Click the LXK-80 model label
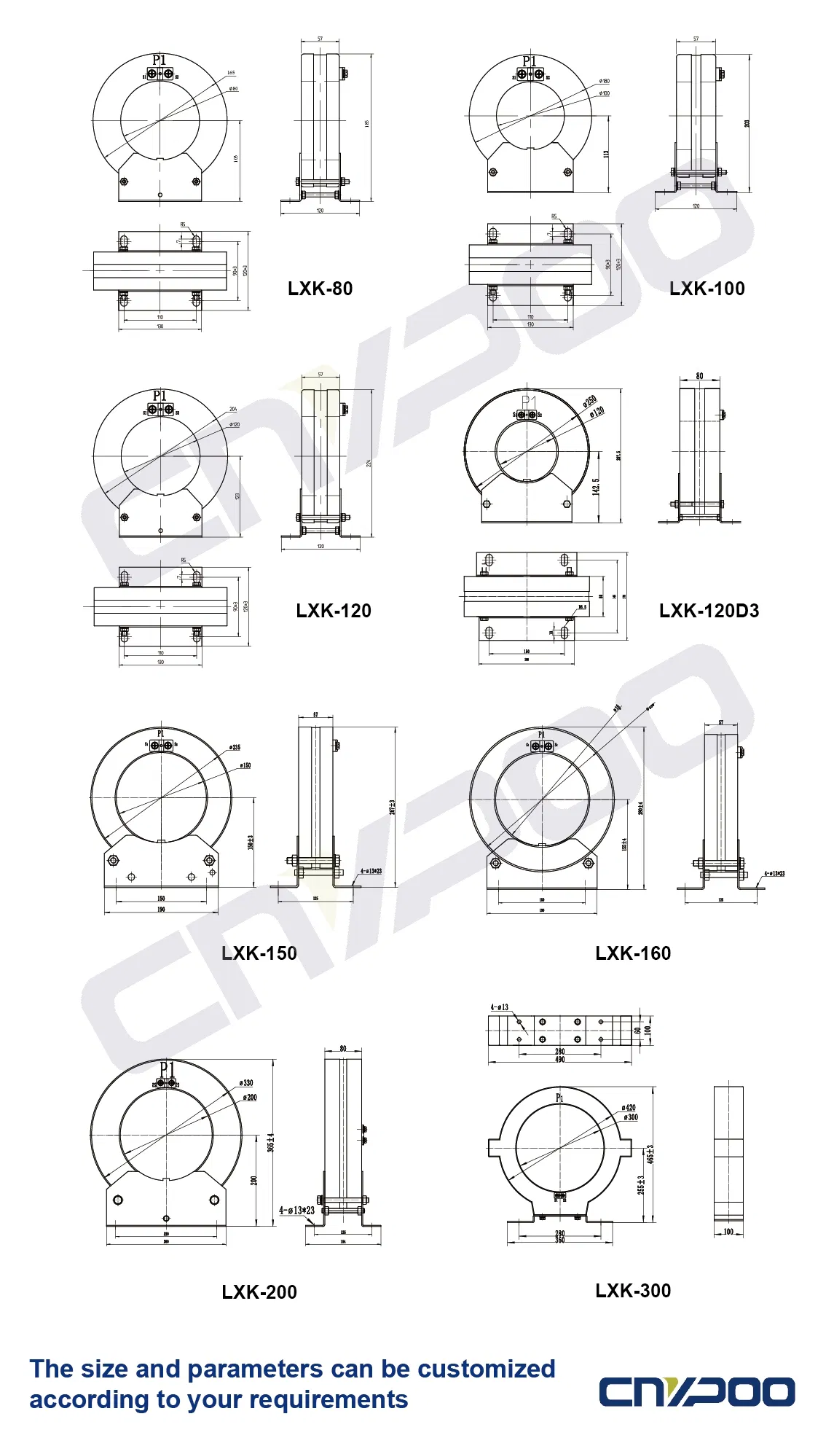pos(320,289)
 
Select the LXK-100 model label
pos(707,289)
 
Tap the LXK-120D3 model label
pos(709,611)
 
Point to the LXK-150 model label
pos(259,953)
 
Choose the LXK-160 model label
pos(633,953)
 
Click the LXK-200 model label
pos(259,1292)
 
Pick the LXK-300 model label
pos(633,1291)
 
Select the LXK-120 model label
pos(334,611)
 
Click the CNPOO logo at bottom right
pos(696,1391)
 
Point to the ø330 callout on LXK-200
pos(246,1083)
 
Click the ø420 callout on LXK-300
pos(629,1108)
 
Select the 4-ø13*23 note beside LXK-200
pos(296,1211)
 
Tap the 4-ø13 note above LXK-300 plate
pos(500,1007)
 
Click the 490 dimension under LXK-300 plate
pos(559,1060)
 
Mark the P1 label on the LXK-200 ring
pos(167,1068)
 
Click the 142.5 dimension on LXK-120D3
pos(596,486)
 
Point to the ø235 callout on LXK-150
pos(235,747)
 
